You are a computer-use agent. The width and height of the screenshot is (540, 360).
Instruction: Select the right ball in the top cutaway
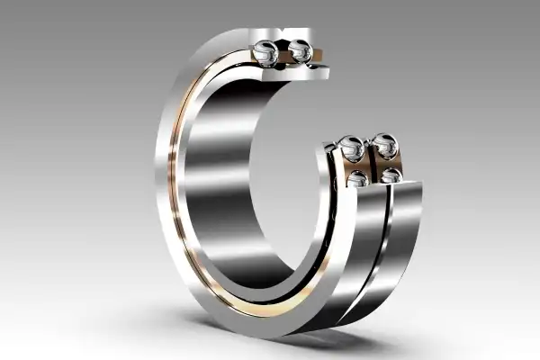pyautogui.click(x=300, y=53)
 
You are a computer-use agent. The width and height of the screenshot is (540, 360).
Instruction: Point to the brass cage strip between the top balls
pyautogui.click(x=283, y=56)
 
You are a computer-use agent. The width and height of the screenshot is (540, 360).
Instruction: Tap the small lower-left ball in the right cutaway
pyautogui.click(x=357, y=178)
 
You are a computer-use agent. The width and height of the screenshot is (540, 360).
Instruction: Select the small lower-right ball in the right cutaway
pyautogui.click(x=390, y=175)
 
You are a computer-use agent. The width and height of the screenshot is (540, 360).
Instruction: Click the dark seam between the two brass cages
pyautogui.click(x=371, y=166)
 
